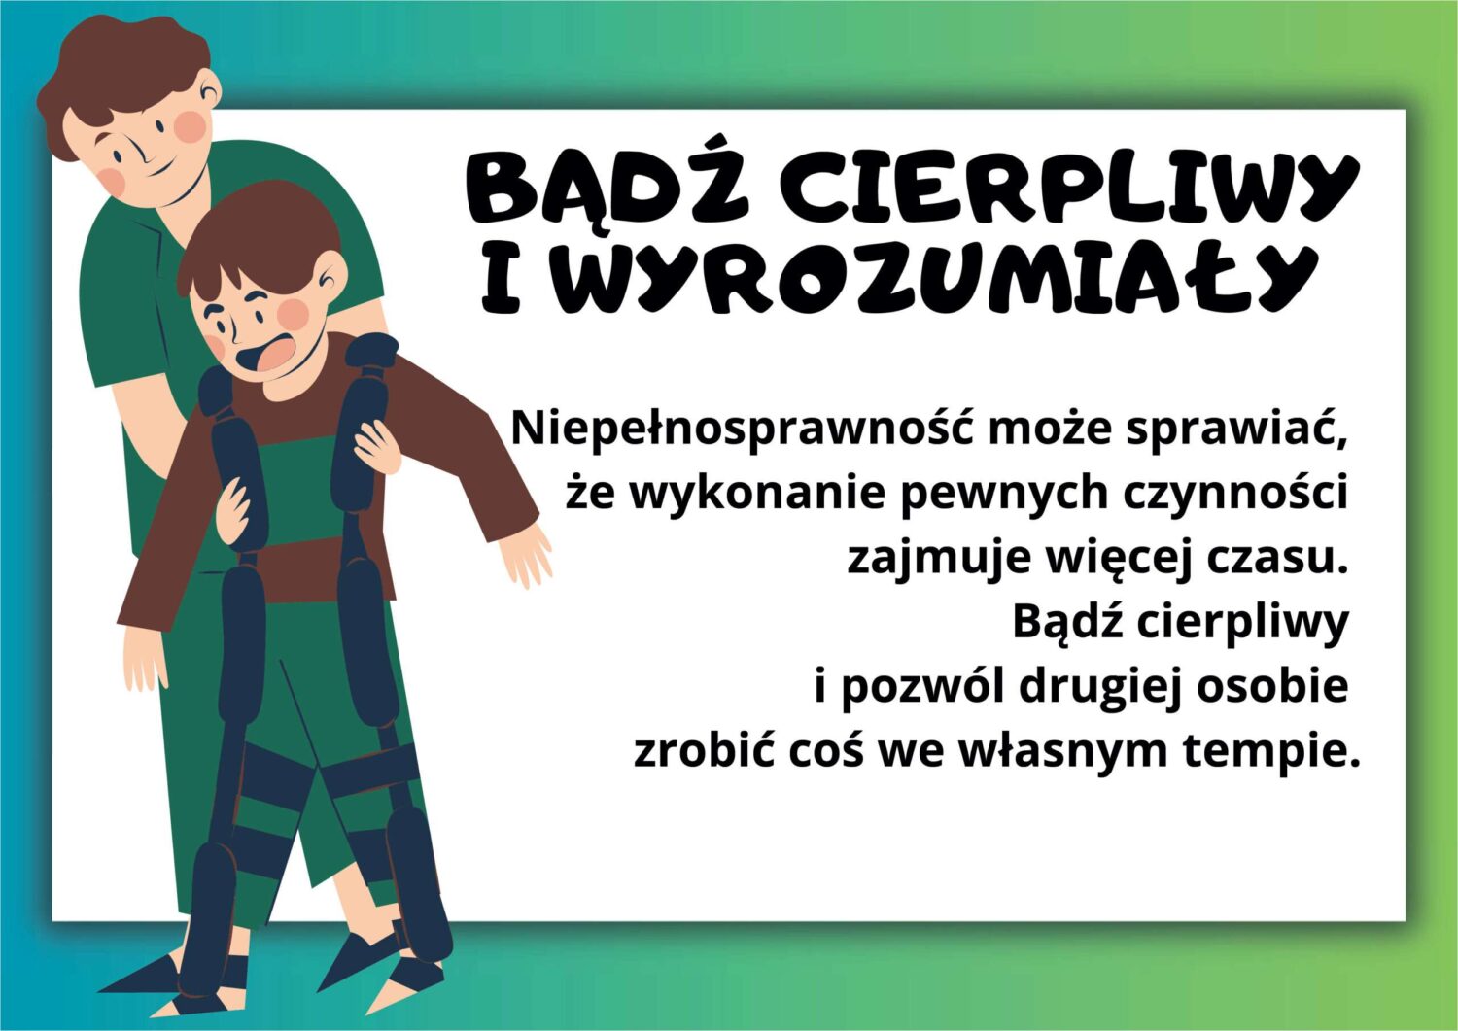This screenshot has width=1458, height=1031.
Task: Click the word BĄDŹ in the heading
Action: (607, 187)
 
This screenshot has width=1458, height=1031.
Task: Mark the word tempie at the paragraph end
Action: (1267, 754)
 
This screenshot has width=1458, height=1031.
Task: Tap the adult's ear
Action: (210, 91)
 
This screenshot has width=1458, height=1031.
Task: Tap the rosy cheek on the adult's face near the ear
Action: (191, 126)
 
